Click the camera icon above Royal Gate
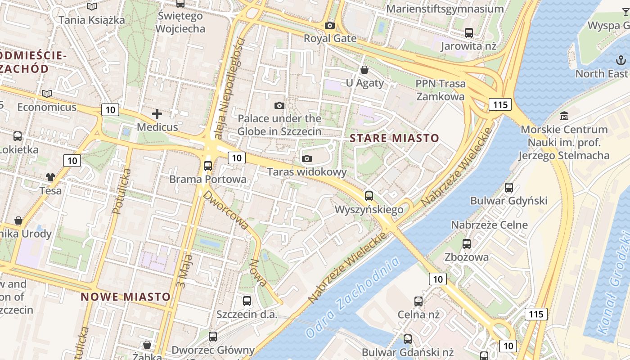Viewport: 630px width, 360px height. click(330, 26)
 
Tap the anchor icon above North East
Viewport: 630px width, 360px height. click(621, 60)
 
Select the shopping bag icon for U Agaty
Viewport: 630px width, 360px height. click(364, 70)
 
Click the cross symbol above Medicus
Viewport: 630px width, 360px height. click(157, 114)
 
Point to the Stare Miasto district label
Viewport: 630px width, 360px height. click(394, 138)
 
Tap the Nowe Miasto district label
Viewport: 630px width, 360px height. click(126, 297)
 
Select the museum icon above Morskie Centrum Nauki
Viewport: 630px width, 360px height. click(564, 116)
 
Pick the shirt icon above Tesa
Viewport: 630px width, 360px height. click(50, 177)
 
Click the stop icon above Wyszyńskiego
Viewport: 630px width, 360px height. click(369, 196)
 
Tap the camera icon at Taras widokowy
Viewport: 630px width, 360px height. click(307, 158)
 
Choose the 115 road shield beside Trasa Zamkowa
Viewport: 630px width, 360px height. click(500, 105)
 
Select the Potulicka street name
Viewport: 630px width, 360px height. click(122, 191)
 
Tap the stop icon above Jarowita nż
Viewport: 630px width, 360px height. click(469, 32)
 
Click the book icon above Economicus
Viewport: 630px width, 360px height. click(46, 94)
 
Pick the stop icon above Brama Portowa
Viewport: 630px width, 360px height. click(208, 166)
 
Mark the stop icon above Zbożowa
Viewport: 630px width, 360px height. click(467, 244)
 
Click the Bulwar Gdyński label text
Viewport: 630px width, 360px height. click(508, 201)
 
